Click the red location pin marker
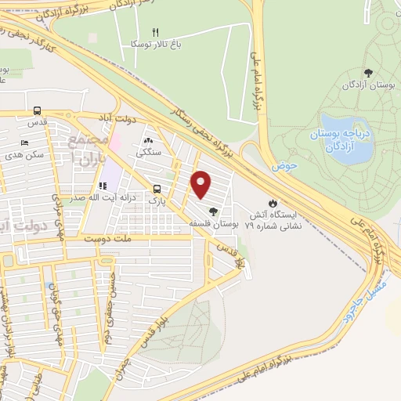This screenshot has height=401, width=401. [201, 184]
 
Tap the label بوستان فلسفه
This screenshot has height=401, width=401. [213, 223]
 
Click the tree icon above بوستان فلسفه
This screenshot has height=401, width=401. [213, 211]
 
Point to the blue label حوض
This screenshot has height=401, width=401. [282, 167]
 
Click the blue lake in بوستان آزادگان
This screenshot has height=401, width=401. [345, 139]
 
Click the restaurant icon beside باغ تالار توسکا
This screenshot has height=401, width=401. [155, 32]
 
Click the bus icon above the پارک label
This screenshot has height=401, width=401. [157, 189]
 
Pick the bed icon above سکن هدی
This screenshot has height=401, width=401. [24, 142]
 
